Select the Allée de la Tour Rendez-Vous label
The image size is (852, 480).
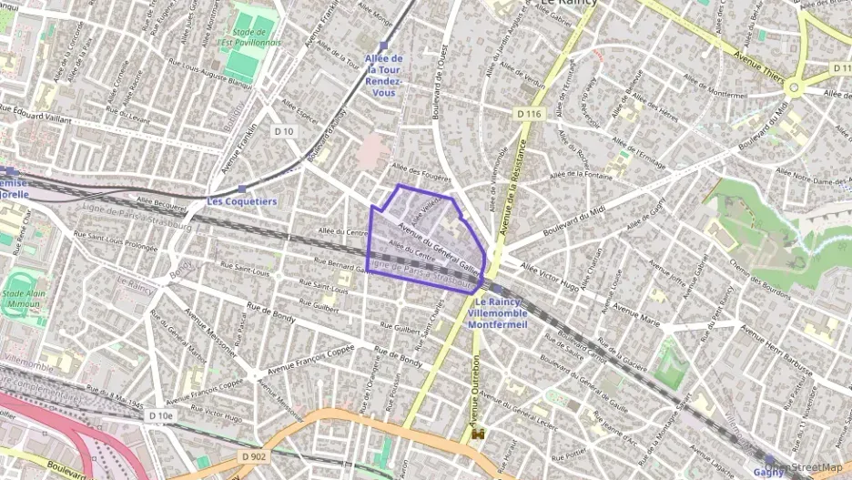pyautogui.click(x=383, y=76)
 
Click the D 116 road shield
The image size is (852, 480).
pyautogui.click(x=527, y=114)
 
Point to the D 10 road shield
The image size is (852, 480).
pyautogui.click(x=284, y=131)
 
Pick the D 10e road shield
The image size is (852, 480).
pyautogui.click(x=159, y=416)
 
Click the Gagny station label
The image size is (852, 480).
pyautogui.click(x=769, y=471)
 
